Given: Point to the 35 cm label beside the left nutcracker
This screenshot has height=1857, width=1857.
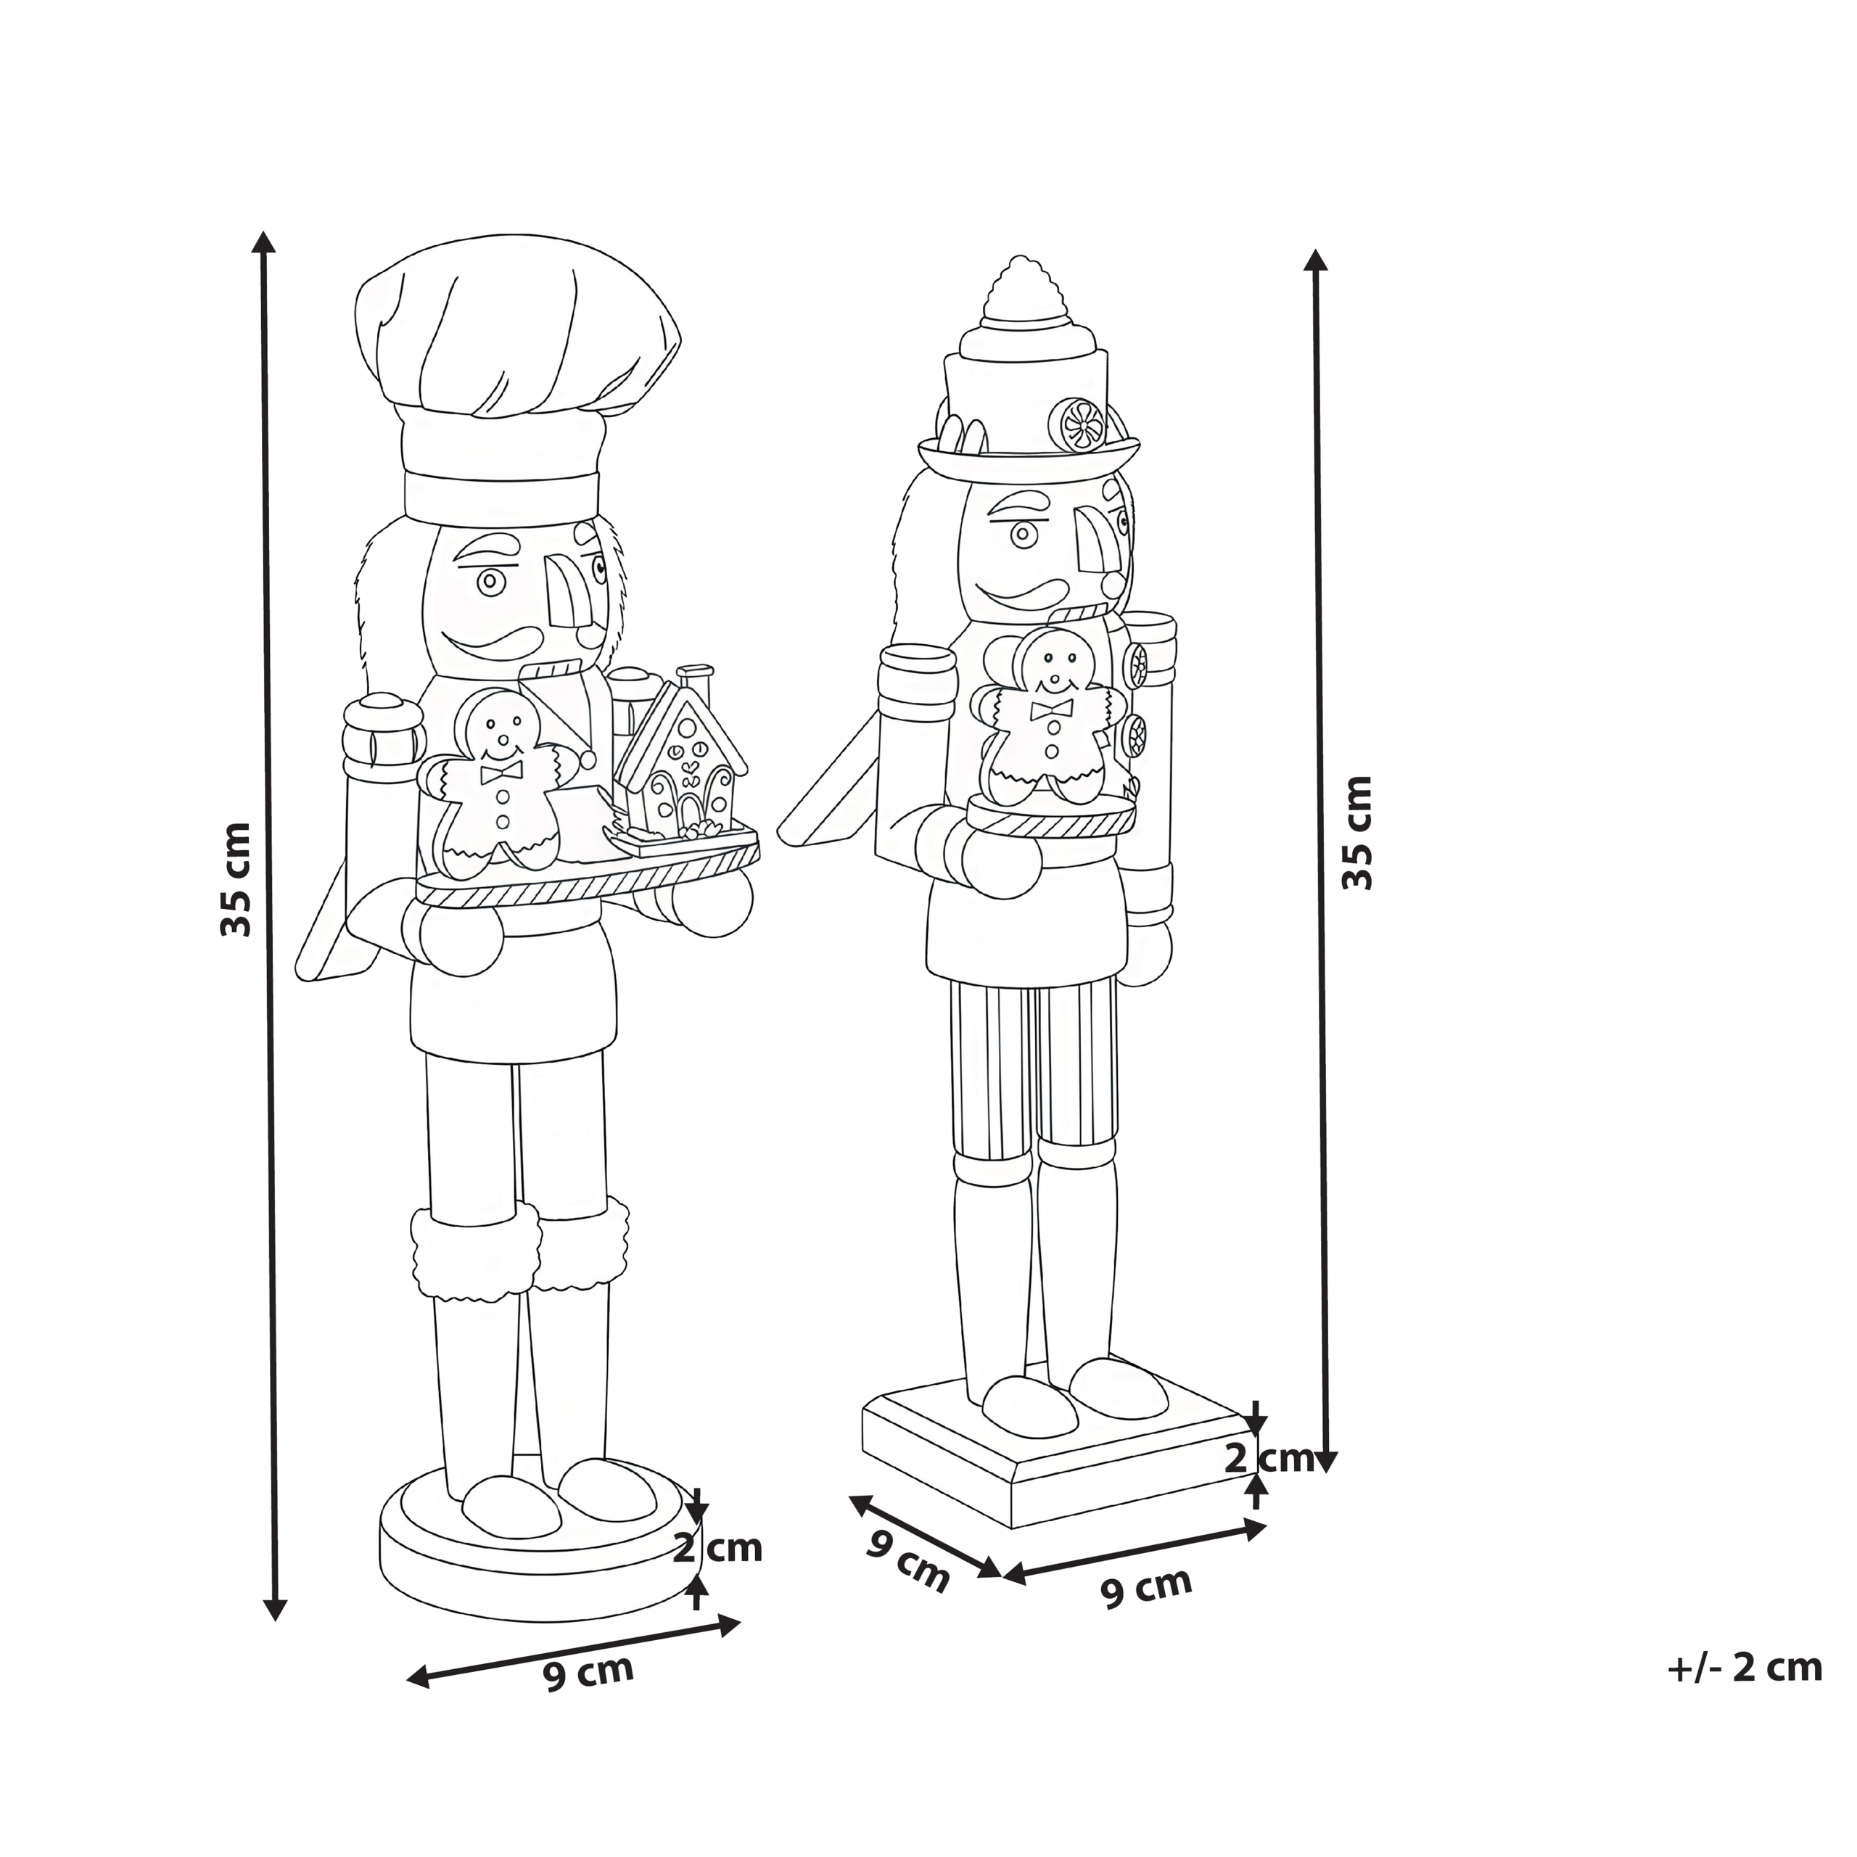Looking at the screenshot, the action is coord(236,878).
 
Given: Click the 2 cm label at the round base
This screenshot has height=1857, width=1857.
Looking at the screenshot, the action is coord(717,1549).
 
